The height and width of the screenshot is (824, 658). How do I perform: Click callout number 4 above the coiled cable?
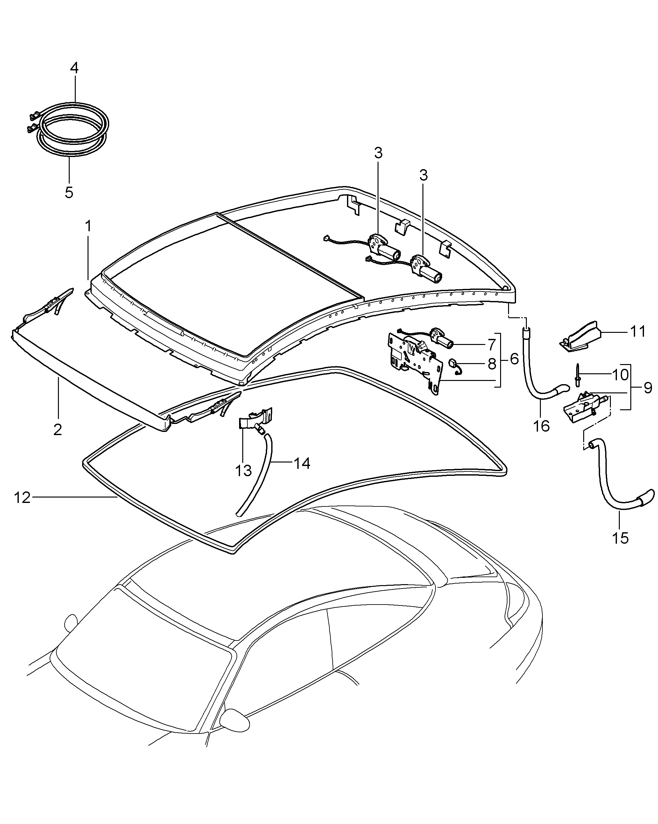[74, 68]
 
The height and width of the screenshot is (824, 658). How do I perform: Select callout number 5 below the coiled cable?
[69, 192]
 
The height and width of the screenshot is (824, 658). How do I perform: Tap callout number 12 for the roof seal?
[22, 498]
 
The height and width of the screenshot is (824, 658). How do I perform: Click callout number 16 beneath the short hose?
[541, 425]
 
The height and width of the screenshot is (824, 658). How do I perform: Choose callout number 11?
[637, 331]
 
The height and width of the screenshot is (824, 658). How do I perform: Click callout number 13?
[243, 471]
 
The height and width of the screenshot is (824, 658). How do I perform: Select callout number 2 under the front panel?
[58, 430]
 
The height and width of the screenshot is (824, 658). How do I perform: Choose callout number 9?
[648, 388]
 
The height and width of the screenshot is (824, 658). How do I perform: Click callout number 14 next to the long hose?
[302, 463]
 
